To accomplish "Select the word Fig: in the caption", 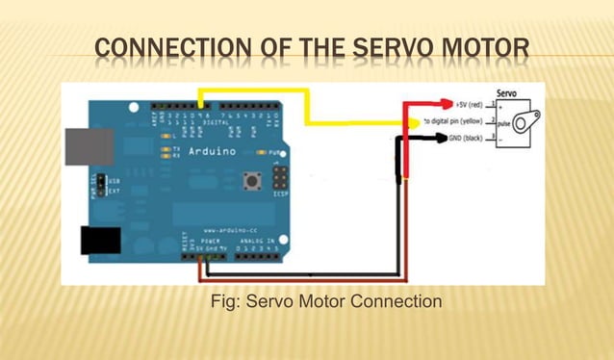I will point(226,302).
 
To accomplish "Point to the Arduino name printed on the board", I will point(208,152).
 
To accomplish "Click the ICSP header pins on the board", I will point(280,179).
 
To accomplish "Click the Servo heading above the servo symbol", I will point(509,93).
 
